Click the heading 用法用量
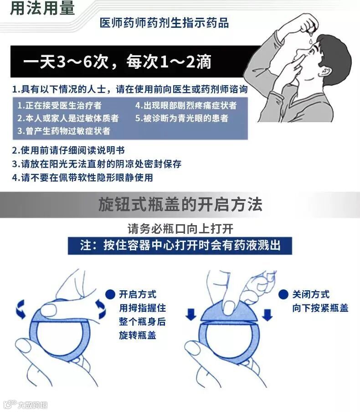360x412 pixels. click(42, 8)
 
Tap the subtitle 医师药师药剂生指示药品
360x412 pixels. click(164, 23)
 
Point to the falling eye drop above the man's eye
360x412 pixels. click(311, 41)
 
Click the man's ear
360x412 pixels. click(326, 72)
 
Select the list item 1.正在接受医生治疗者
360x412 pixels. click(59, 106)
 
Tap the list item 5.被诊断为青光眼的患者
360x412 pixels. click(181, 118)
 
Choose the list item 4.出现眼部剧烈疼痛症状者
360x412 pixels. click(186, 106)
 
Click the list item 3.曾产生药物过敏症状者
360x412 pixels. click(64, 131)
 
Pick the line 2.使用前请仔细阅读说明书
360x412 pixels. click(68, 150)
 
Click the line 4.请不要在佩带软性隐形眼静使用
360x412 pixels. click(82, 178)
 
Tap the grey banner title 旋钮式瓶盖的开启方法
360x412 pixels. click(180, 205)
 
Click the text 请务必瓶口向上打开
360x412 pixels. click(180, 229)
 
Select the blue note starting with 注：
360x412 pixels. click(180, 246)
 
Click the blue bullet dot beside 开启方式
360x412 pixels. click(110, 294)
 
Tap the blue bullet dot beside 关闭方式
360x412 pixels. click(283, 294)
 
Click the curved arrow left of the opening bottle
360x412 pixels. click(21, 309)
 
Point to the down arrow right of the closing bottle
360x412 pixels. click(267, 315)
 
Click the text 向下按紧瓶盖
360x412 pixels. click(320, 308)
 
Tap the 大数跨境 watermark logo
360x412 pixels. click(26, 405)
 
